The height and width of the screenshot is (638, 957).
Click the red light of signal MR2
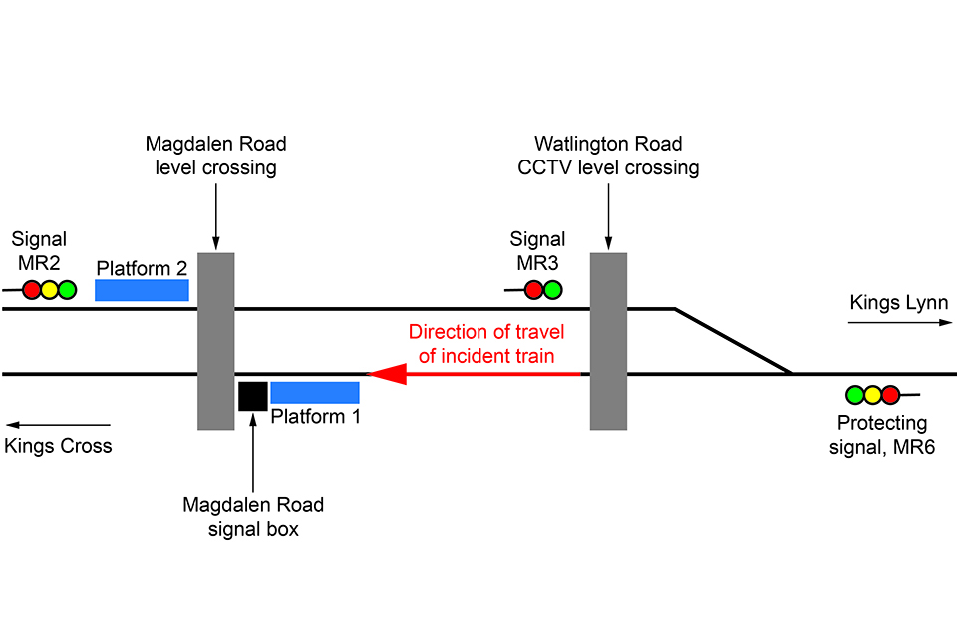(32, 290)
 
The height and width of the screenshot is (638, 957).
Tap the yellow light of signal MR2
(50, 290)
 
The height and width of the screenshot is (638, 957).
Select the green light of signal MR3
(551, 290)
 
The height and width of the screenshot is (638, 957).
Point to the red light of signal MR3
(533, 290)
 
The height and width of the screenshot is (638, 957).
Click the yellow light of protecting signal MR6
(873, 395)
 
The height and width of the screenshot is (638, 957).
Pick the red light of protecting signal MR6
(890, 395)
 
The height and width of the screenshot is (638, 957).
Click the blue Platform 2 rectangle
(142, 290)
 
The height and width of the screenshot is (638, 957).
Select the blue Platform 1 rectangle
(315, 392)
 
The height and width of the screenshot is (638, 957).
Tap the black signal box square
(252, 396)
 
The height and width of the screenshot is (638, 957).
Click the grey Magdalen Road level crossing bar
(216, 342)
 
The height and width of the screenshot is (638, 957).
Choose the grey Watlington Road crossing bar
(608, 342)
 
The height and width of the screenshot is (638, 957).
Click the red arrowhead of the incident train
(386, 374)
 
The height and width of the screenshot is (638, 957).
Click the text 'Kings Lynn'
(892, 302)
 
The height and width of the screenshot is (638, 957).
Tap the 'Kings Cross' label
(58, 446)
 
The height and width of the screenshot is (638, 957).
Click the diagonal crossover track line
(733, 342)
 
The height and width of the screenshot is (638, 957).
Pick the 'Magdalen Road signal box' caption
(253, 517)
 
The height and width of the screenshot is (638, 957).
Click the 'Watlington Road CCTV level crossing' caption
(608, 156)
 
